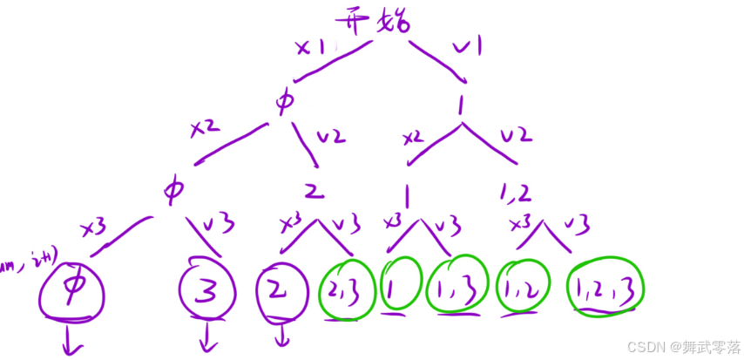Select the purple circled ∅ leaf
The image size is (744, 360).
click(x=71, y=289)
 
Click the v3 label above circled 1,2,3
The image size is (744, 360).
click(x=577, y=224)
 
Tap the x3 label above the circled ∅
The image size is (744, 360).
click(x=93, y=228)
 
